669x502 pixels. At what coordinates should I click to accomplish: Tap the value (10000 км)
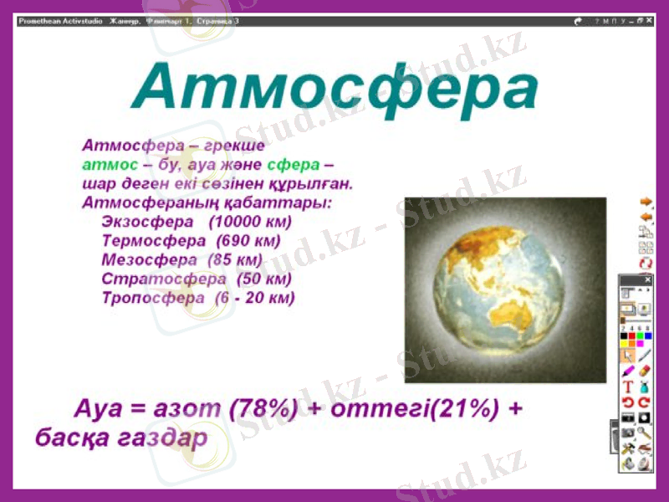(251, 222)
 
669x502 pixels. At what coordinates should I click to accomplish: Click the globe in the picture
(504, 289)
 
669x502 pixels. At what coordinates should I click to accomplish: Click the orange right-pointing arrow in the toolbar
(645, 202)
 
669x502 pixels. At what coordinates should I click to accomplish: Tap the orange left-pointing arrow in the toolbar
(645, 217)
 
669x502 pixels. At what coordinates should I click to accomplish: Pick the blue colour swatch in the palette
(646, 336)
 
